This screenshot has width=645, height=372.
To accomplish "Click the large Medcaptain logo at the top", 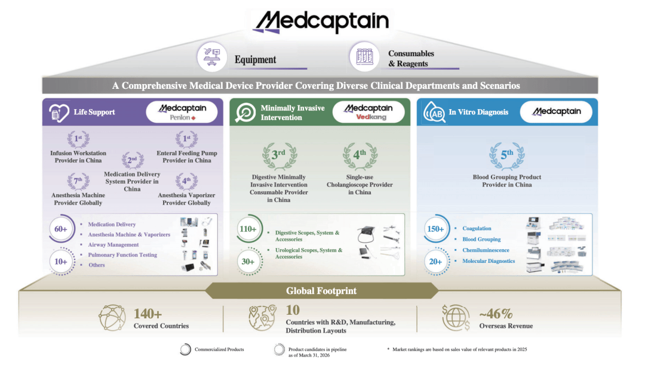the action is (x=321, y=21).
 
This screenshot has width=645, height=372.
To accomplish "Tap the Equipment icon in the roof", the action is (x=212, y=57).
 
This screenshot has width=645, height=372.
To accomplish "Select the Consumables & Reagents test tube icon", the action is (x=364, y=57).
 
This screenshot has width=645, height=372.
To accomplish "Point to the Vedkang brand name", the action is (x=371, y=117).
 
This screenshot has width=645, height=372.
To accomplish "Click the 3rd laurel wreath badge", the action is (x=279, y=156).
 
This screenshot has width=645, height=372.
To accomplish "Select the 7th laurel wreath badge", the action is (x=78, y=181).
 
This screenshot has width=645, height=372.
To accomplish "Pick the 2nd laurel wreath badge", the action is (x=133, y=160).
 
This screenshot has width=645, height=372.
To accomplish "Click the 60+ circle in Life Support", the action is (x=62, y=229).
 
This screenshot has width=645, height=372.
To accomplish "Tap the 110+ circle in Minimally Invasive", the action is (x=248, y=229).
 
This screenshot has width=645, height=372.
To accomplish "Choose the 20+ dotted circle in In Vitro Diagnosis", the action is (x=435, y=261).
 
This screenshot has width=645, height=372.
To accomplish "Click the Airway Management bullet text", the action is (x=113, y=244).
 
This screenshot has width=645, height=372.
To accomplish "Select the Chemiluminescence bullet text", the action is (x=486, y=250).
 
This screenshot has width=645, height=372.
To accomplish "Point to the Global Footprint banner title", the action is (x=321, y=291).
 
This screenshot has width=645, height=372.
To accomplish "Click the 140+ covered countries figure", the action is (x=148, y=314).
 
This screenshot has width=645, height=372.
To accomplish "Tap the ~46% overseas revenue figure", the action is (x=496, y=314).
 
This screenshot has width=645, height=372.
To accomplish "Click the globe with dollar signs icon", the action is (x=456, y=317).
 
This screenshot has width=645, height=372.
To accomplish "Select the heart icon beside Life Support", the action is (x=59, y=113).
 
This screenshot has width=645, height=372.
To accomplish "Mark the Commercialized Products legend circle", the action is (x=186, y=349).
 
